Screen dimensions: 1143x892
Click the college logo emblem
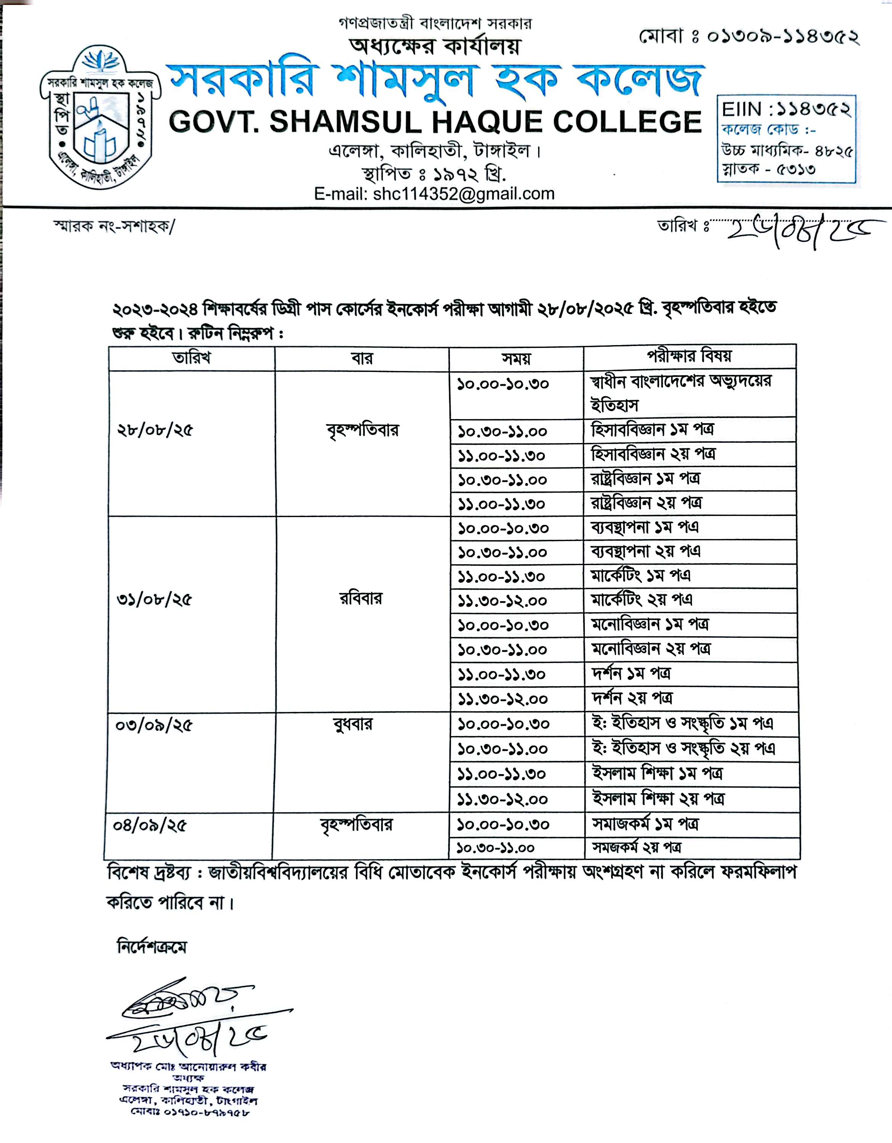pyautogui.click(x=97, y=118)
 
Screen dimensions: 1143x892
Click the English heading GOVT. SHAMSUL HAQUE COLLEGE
pyautogui.click(x=435, y=122)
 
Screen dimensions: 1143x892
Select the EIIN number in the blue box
pyautogui.click(x=786, y=110)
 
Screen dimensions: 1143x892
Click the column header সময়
pyautogui.click(x=516, y=359)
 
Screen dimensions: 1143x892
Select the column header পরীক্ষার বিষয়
pyautogui.click(x=690, y=356)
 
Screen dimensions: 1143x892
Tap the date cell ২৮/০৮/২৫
pyautogui.click(x=155, y=430)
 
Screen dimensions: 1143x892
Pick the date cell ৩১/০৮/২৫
pyautogui.click(x=154, y=599)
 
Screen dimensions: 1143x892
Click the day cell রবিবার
pyautogui.click(x=361, y=598)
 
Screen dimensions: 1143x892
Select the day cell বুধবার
pyautogui.click(x=352, y=724)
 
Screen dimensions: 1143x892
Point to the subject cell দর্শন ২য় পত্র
pyautogui.click(x=632, y=698)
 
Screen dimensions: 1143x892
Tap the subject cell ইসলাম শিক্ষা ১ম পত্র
pyautogui.click(x=658, y=773)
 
